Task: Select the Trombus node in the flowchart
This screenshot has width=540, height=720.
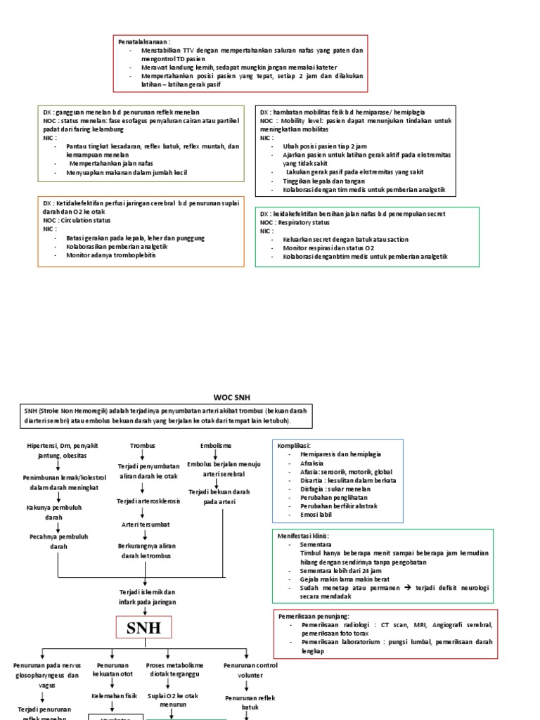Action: pyautogui.click(x=142, y=446)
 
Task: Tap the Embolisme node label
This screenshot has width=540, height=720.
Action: pyautogui.click(x=215, y=446)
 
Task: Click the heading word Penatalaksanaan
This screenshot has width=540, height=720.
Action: pyautogui.click(x=143, y=41)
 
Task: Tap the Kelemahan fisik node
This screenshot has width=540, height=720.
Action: pyautogui.click(x=112, y=695)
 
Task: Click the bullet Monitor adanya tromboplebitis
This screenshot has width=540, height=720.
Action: pyautogui.click(x=111, y=255)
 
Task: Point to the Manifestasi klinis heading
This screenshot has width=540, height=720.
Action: pyautogui.click(x=303, y=536)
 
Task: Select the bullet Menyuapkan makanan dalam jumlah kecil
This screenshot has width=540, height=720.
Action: pyautogui.click(x=127, y=172)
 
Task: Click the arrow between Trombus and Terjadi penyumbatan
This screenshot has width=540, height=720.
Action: pyautogui.click(x=143, y=456)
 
